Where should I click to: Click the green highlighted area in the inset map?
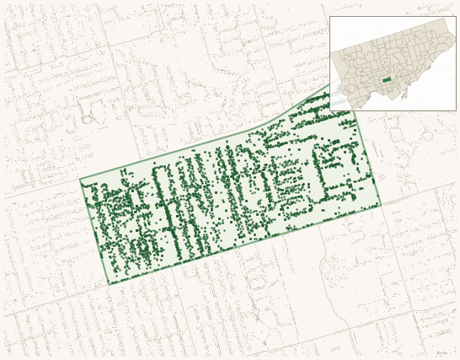[x=387, y=79]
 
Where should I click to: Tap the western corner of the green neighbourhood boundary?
[x=80, y=180]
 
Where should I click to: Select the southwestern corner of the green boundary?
[x=109, y=284]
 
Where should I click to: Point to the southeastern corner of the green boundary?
[x=381, y=204]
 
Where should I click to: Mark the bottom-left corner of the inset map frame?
[x=329, y=110]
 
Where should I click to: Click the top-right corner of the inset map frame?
[x=456, y=16]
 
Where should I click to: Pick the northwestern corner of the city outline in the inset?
[x=331, y=52]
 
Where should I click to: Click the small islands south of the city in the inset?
[x=403, y=94]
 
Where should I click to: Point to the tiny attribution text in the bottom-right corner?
[x=442, y=353]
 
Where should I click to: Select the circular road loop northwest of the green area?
[x=86, y=120]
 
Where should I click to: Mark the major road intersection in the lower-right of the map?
[x=419, y=304]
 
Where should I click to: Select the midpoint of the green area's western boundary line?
[x=94, y=232]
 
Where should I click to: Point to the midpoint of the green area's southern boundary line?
[x=244, y=244]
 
